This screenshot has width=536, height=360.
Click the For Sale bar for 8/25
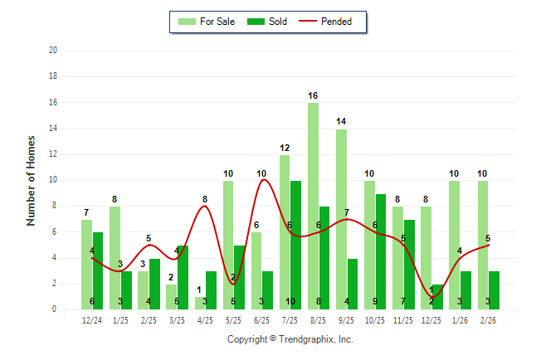tap(313, 207)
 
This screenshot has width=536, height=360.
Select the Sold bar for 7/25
tap(295, 245)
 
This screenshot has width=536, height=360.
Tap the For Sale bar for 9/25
tap(341, 219)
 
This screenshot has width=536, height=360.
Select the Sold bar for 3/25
tap(183, 277)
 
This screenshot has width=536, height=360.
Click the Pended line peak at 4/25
tap(205, 206)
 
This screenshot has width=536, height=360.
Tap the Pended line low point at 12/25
tap(431, 296)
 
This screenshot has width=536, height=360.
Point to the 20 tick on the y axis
tap(53, 51)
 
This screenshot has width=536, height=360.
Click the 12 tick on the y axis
tap(53, 154)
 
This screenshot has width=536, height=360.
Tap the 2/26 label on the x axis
tap(488, 319)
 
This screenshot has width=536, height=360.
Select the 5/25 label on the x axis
tap(233, 319)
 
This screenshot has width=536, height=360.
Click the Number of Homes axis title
tap(31, 180)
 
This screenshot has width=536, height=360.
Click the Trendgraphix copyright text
tap(290, 339)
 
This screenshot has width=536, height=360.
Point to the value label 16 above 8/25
tap(313, 96)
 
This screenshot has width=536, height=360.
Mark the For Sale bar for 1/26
tap(454, 245)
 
